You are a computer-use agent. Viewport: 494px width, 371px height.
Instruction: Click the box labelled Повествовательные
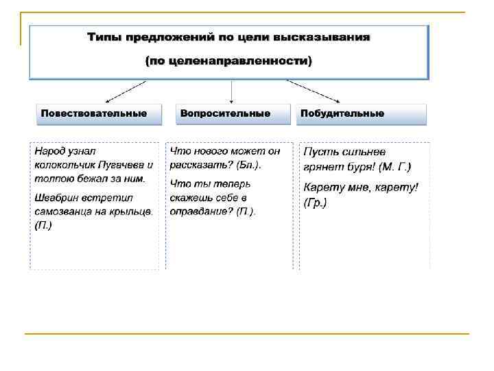tap(98, 114)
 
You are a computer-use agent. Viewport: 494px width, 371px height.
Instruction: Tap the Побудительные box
tap(362, 114)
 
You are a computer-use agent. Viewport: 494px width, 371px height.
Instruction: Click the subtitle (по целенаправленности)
tap(228, 61)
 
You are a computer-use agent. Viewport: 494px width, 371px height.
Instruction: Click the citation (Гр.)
tap(315, 203)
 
